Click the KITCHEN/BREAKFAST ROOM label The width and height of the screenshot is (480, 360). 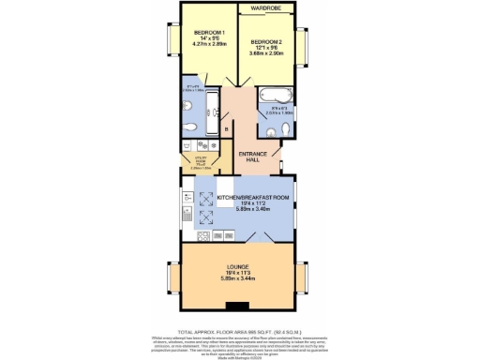247,198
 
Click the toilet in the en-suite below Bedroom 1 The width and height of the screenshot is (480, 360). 190,127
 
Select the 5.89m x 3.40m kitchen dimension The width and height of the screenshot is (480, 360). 247,212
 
